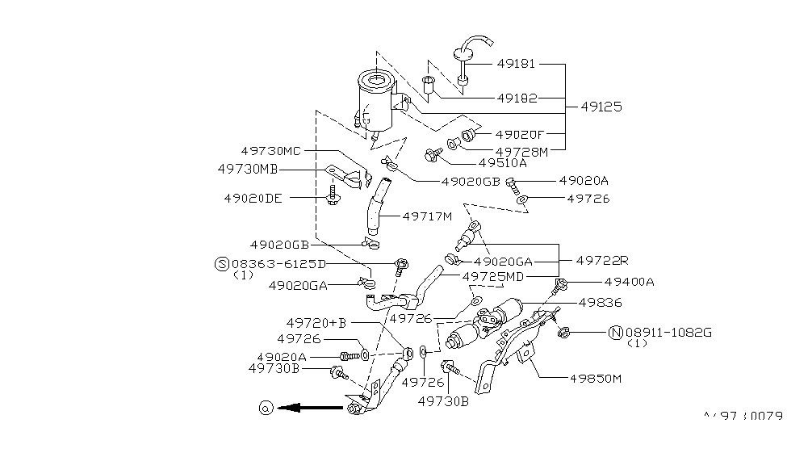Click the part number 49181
click(516, 64)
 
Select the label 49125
click(601, 107)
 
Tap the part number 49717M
click(427, 216)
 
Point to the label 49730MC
click(270, 151)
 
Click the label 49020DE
click(253, 199)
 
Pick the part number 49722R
click(602, 261)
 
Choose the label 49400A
click(629, 282)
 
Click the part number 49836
click(600, 302)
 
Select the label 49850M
click(595, 379)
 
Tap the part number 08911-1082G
click(668, 333)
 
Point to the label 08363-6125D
click(278, 264)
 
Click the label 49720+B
click(316, 323)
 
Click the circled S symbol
click(222, 264)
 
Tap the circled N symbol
click(616, 333)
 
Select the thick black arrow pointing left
click(310, 407)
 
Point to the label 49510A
click(502, 163)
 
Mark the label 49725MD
click(493, 277)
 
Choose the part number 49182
click(517, 98)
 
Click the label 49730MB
click(248, 170)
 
